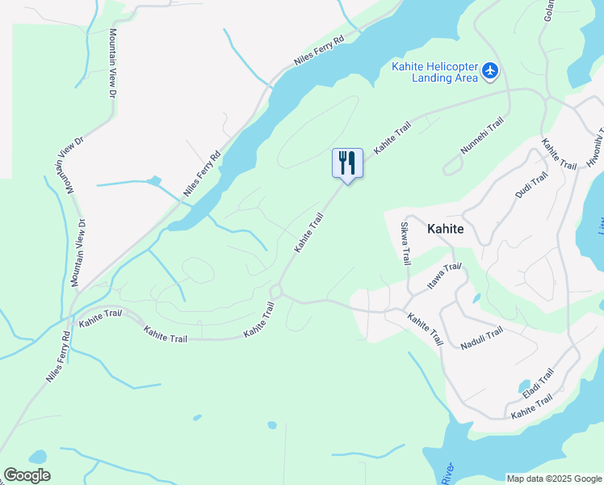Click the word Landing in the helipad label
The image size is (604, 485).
pyautogui.click(x=434, y=78)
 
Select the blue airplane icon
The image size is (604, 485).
pyautogui.click(x=490, y=72)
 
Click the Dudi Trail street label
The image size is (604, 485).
pyautogui.click(x=531, y=185)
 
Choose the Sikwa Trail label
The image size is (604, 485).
pyautogui.click(x=406, y=243)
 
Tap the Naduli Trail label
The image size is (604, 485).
pyautogui.click(x=482, y=338)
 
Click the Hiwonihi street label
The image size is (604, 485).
pyautogui.click(x=597, y=145)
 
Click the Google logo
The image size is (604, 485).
pyautogui.click(x=27, y=475)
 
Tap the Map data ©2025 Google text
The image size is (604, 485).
pyautogui.click(x=553, y=479)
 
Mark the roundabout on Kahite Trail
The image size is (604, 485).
pyautogui.click(x=276, y=291)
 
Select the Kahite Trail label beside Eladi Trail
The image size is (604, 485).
pyautogui.click(x=532, y=407)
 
